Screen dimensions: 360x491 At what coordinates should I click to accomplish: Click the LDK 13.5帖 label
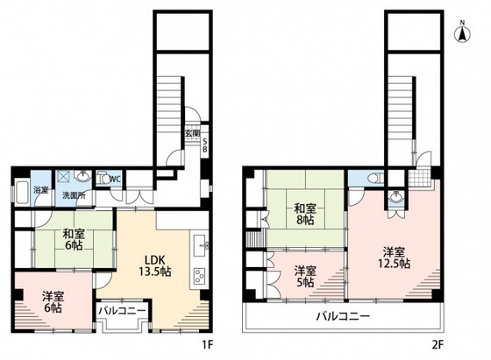point(157,265)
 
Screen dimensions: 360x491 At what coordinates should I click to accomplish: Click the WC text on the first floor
point(115,179)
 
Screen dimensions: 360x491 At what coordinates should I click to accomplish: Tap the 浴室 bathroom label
point(40,191)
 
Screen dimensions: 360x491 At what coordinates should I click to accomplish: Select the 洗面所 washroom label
point(73,194)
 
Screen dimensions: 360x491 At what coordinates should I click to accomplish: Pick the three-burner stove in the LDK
point(198,277)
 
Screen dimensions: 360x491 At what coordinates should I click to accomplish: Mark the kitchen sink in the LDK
point(200,242)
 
